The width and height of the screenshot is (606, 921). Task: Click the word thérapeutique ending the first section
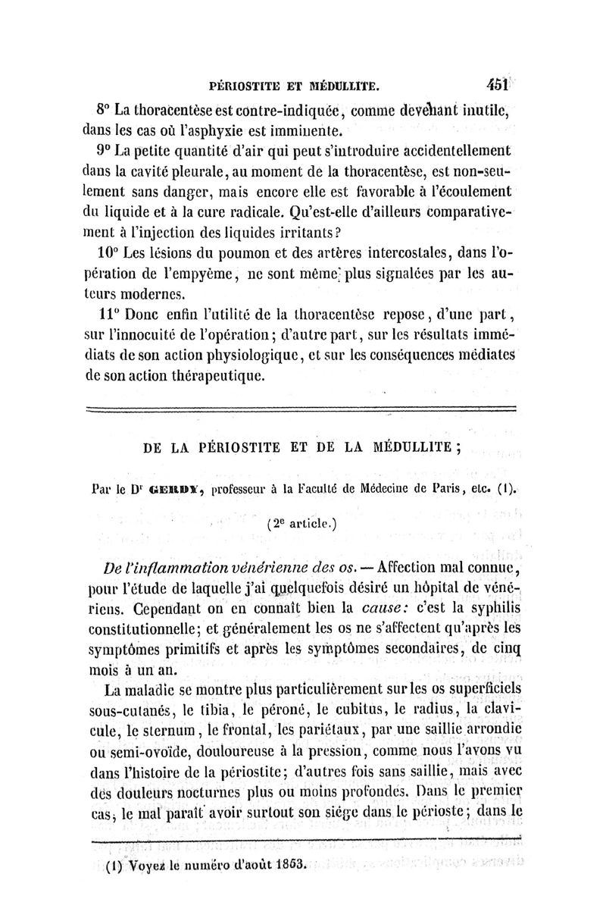(214, 375)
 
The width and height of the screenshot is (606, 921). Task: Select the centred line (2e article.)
(304, 522)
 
